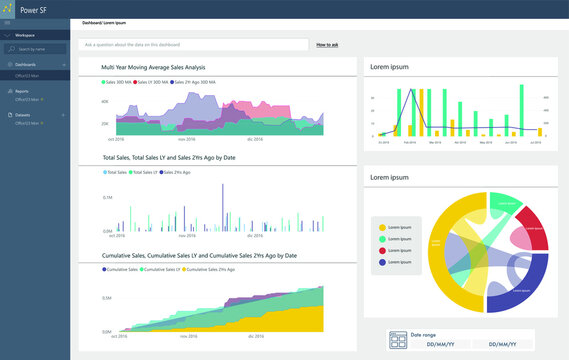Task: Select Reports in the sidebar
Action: click(x=22, y=91)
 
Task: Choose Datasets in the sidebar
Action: click(x=23, y=115)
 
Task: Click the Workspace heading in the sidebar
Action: click(x=25, y=34)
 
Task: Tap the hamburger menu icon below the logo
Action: click(x=7, y=21)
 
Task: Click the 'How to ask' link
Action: click(x=327, y=45)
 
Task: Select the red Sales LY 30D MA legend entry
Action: click(x=151, y=82)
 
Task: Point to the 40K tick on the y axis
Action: click(x=105, y=105)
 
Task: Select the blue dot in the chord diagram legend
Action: click(x=380, y=263)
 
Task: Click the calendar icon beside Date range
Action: click(x=397, y=340)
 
